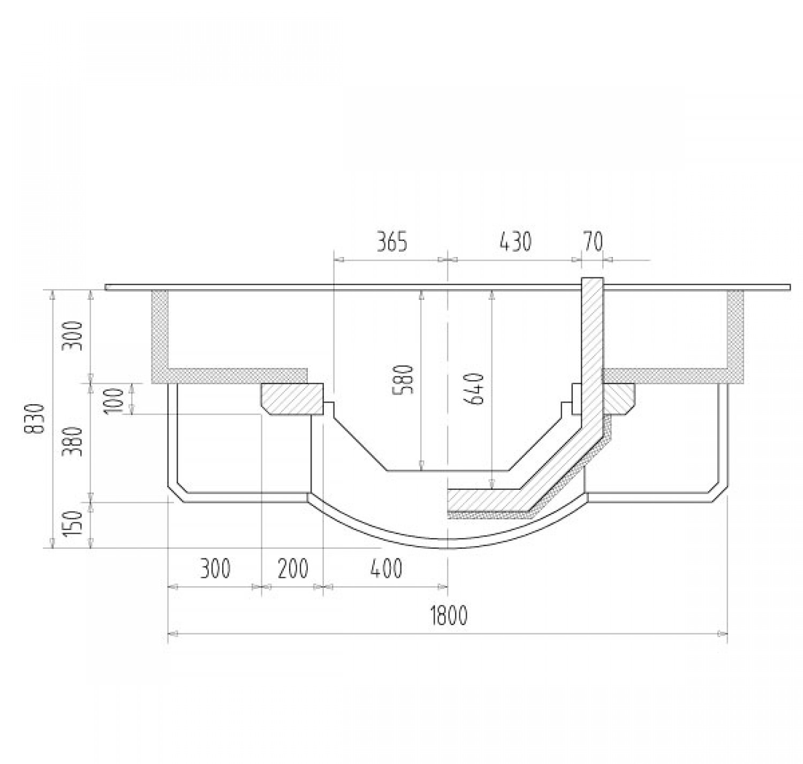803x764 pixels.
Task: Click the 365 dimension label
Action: click(x=392, y=242)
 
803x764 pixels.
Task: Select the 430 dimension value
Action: click(x=516, y=242)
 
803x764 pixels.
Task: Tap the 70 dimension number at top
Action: click(x=592, y=242)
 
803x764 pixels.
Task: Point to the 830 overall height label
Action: click(x=34, y=419)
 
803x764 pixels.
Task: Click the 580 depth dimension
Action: click(x=405, y=380)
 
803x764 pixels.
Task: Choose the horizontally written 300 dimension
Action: click(x=215, y=569)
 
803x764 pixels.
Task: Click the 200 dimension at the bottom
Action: click(x=293, y=569)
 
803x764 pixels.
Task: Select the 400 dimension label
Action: click(x=386, y=569)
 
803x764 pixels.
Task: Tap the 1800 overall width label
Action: click(x=449, y=616)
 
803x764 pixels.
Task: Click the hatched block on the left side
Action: click(x=292, y=399)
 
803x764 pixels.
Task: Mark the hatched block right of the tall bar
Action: click(x=619, y=399)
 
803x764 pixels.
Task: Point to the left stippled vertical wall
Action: click(x=160, y=332)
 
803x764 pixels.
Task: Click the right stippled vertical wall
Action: click(x=736, y=332)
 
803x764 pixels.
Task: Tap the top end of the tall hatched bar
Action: click(x=593, y=283)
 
